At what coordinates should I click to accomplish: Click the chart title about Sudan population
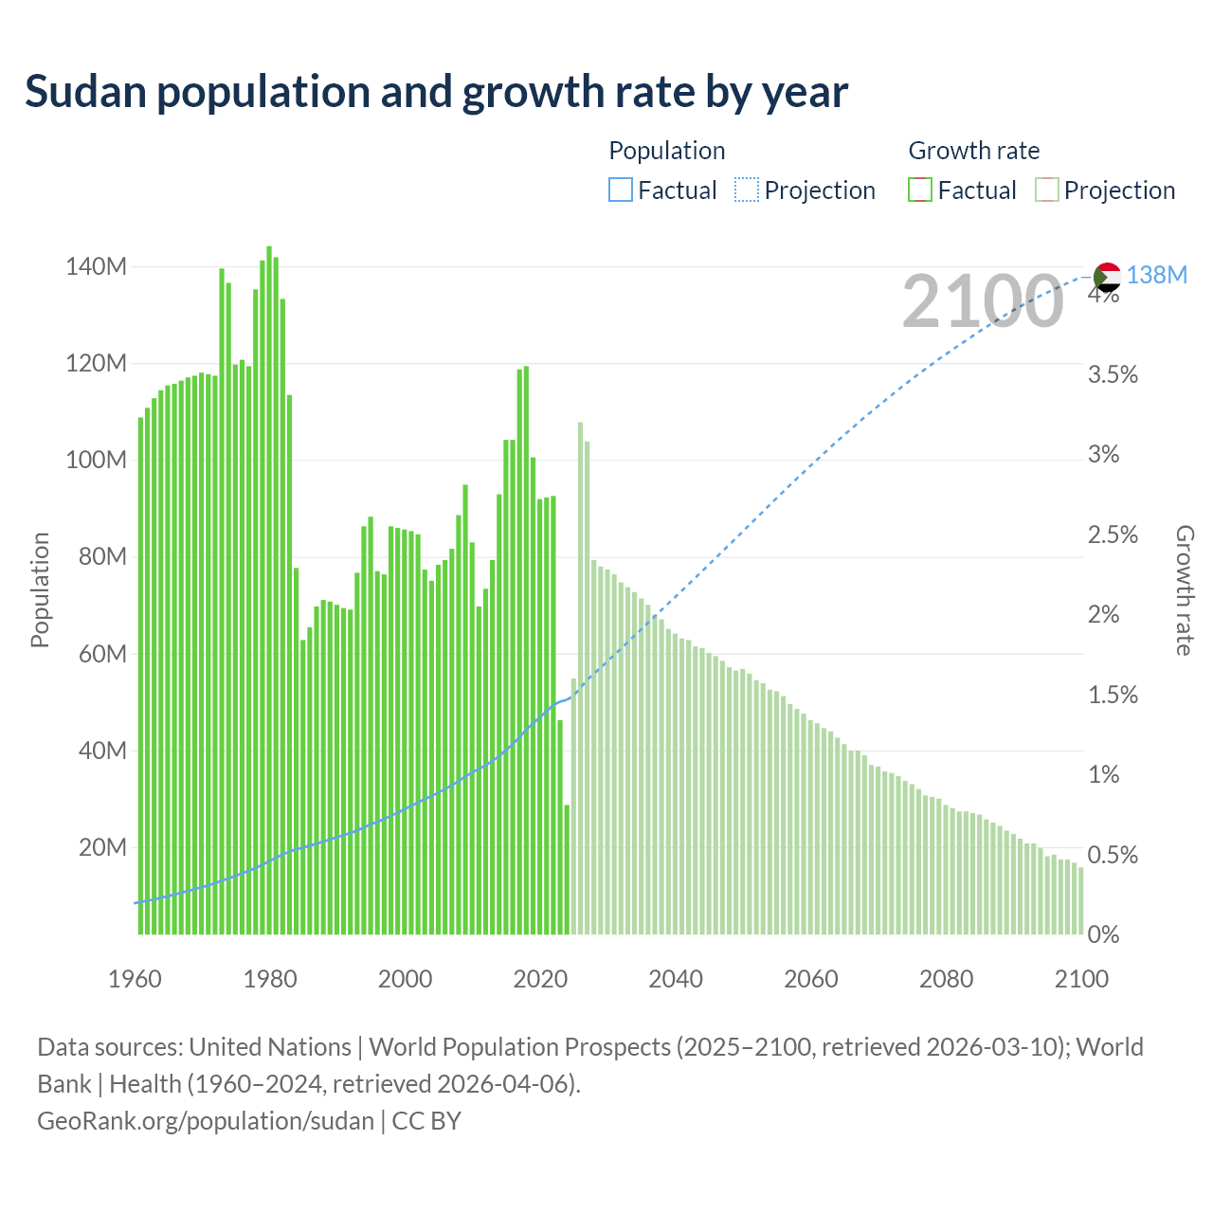tap(436, 92)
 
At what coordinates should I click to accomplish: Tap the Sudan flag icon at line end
tap(1107, 277)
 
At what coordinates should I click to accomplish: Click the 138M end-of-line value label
tap(1157, 275)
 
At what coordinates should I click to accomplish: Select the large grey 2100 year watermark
tap(983, 301)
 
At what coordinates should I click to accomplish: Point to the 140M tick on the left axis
tap(96, 267)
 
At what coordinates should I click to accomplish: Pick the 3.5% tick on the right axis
tap(1113, 374)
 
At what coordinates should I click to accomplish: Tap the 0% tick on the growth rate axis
tap(1103, 935)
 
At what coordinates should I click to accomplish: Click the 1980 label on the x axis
tap(270, 979)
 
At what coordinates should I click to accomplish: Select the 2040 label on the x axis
tap(676, 979)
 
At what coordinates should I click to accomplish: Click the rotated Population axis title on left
tap(40, 589)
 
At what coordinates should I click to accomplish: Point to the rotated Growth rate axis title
tap(1184, 589)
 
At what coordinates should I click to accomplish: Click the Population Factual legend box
tap(620, 190)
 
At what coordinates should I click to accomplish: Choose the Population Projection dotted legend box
tap(747, 190)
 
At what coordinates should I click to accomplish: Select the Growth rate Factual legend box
tap(919, 190)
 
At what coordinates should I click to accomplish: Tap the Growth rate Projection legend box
tap(1046, 190)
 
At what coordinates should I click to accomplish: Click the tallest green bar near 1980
tap(269, 588)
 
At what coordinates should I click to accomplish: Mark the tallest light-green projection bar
tap(580, 678)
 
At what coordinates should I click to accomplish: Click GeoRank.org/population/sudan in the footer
tap(206, 1120)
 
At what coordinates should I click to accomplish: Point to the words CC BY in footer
tap(426, 1120)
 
